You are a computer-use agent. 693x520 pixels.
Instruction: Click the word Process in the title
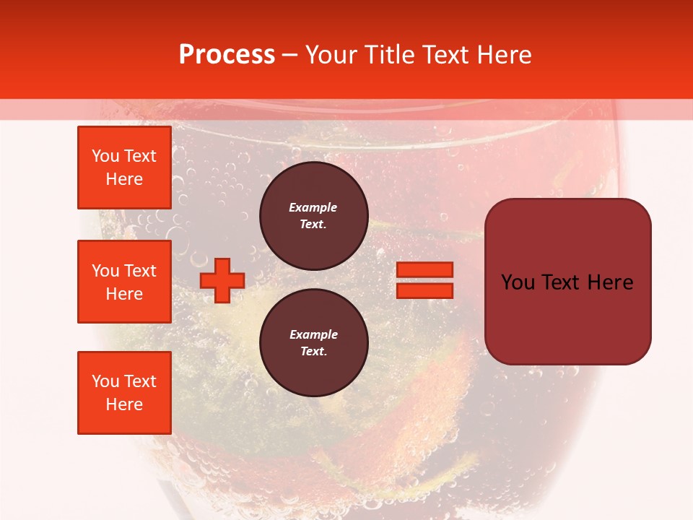227,55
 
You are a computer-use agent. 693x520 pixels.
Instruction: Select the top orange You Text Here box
124,168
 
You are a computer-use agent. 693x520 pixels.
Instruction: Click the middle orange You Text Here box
124,282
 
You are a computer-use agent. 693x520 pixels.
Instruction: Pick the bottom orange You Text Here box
124,393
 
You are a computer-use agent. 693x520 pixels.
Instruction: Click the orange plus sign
222,280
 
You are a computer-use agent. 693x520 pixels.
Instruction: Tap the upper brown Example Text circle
313,216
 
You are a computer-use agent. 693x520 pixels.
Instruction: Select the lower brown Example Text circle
313,343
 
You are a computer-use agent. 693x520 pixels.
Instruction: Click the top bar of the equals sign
424,270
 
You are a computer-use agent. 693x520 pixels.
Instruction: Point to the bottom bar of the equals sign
424,290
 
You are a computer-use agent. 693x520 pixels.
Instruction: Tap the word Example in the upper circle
313,207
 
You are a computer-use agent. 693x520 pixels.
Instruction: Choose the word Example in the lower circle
313,334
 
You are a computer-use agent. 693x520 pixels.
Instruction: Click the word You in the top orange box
105,156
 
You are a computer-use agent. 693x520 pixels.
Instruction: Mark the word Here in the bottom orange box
124,404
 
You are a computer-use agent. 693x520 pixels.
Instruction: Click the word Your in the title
332,55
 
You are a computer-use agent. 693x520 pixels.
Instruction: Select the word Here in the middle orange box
124,294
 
